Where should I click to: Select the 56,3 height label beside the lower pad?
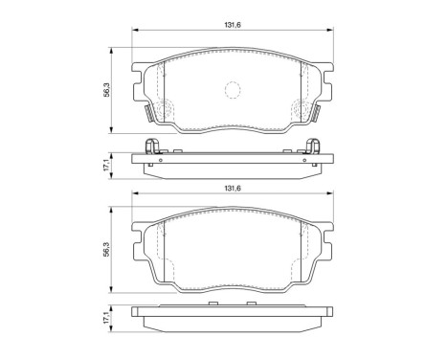pyautogui.click(x=108, y=250)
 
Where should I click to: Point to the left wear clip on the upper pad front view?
pyautogui.click(x=147, y=116)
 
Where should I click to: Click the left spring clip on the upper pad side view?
pyautogui.click(x=149, y=146)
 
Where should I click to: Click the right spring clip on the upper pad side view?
pyautogui.click(x=311, y=146)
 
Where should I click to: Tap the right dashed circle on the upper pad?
pyautogui.click(x=301, y=110)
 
